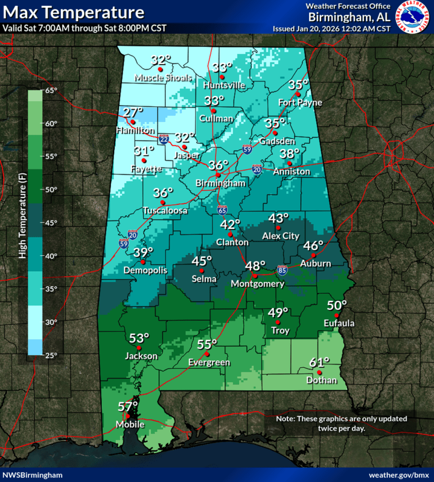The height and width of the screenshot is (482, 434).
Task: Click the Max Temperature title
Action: pos(73,12)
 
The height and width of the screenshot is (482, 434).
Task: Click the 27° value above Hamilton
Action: pos(133,112)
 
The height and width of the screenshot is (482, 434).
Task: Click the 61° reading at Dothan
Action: pos(319,362)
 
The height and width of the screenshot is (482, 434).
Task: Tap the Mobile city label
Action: pos(129,424)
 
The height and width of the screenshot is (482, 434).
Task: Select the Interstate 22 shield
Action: pos(163,139)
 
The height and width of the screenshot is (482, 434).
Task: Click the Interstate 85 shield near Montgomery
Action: pos(281,270)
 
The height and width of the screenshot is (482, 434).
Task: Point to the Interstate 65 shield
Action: pos(222,210)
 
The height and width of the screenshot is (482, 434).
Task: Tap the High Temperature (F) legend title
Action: pos(22,223)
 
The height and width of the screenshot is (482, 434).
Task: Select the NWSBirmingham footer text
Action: pos(33,474)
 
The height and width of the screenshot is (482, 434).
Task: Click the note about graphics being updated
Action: pos(342,423)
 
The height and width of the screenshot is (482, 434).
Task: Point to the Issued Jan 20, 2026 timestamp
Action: pos(331,28)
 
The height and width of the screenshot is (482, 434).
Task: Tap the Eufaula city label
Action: pos(339,323)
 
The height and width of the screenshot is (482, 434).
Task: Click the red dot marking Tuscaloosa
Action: pos(162,203)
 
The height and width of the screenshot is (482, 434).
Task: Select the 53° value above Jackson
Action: pos(138,338)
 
